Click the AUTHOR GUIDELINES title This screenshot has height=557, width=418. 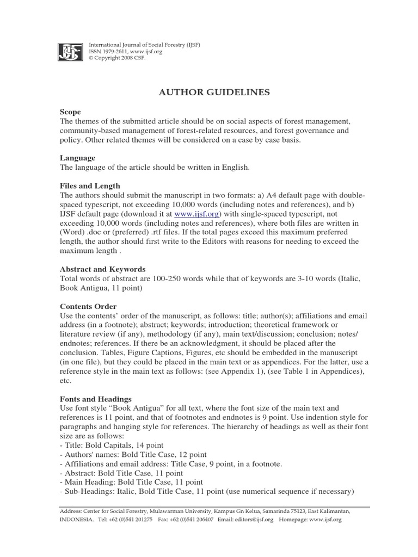(214, 92)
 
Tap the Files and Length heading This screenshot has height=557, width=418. (90, 186)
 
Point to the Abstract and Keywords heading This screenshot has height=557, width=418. (102, 269)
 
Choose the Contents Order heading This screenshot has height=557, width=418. (88, 306)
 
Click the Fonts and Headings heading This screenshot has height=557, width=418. (96, 399)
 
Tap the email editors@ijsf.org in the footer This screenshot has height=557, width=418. (253, 520)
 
